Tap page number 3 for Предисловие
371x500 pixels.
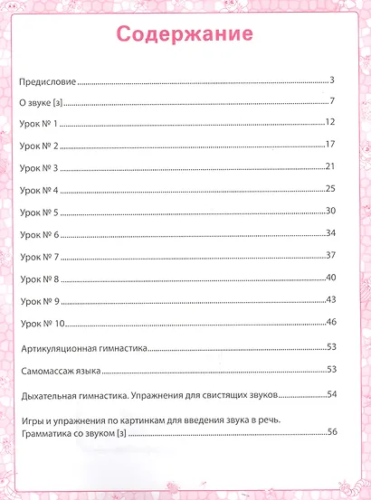(333, 80)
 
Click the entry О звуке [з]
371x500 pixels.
(40, 103)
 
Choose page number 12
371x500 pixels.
(331, 122)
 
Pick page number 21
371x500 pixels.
(331, 166)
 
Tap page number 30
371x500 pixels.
(331, 211)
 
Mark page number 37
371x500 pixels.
(331, 255)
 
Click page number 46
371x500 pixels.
(331, 321)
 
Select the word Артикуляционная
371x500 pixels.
(56, 348)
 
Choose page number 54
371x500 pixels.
(331, 395)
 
